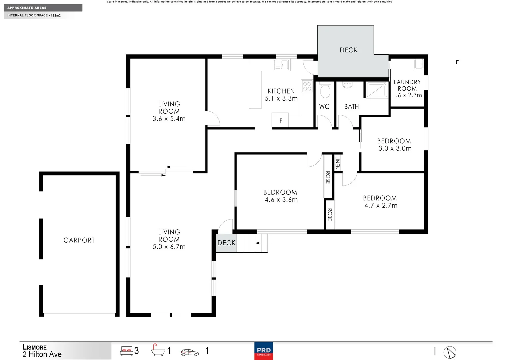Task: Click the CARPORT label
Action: pyautogui.click(x=79, y=240)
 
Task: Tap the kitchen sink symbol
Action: pyautogui.click(x=282, y=65)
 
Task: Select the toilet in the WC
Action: pyautogui.click(x=325, y=91)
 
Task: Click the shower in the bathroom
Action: pyautogui.click(x=377, y=90)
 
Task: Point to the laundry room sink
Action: pyautogui.click(x=418, y=64)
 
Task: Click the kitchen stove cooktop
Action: pyautogui.click(x=307, y=86)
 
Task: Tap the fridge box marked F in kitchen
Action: pyautogui.click(x=280, y=121)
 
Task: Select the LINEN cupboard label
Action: pyautogui.click(x=337, y=163)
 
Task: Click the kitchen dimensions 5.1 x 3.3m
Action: pyautogui.click(x=281, y=99)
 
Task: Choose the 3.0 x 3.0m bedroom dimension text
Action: pyautogui.click(x=395, y=149)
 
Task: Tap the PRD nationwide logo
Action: pyautogui.click(x=264, y=351)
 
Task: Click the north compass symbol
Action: pyautogui.click(x=450, y=352)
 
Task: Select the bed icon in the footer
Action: pyautogui.click(x=127, y=351)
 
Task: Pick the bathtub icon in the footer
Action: pyautogui.click(x=158, y=351)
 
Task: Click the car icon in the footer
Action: pyautogui.click(x=190, y=352)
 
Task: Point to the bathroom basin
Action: pyautogui.click(x=347, y=85)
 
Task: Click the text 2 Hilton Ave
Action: pyautogui.click(x=42, y=355)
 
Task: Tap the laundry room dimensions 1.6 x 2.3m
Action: pyautogui.click(x=407, y=95)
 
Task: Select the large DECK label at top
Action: pyautogui.click(x=348, y=50)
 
